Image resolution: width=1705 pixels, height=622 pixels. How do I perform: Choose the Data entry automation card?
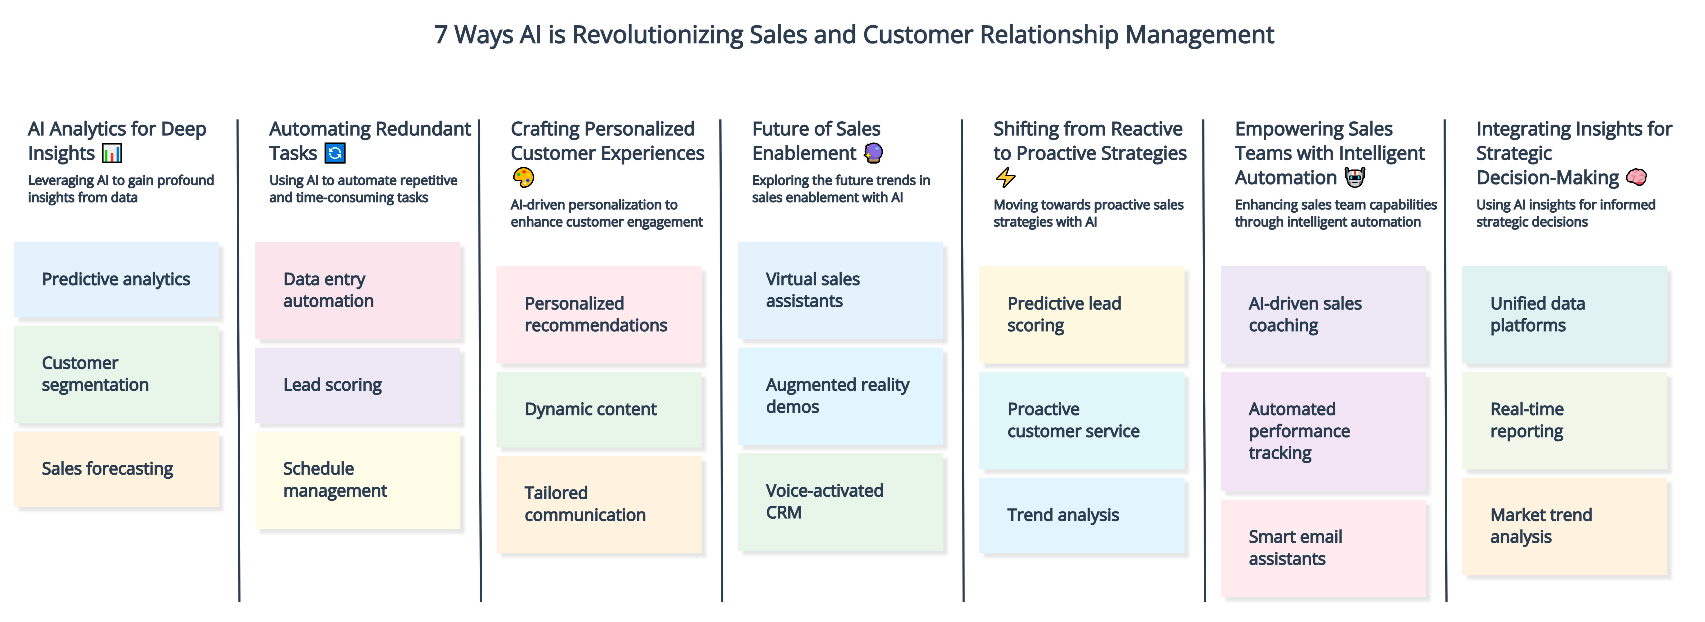pos(357,290)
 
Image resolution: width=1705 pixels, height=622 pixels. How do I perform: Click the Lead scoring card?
pos(357,385)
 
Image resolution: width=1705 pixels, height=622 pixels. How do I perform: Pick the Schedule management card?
pos(357,480)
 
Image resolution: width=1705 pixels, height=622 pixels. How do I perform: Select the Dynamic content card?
pos(599,410)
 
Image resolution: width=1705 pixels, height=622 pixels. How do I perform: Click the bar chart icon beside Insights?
pos(112,153)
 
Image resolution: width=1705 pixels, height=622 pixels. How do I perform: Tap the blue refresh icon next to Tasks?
pos(335,153)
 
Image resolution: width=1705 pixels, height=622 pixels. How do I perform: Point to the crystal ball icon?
pos(874,153)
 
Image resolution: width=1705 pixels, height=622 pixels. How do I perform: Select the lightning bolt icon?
pos(1005,177)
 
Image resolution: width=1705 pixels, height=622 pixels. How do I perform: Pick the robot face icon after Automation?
pos(1355,177)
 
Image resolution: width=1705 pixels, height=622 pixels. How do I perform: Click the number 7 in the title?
pos(441,35)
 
